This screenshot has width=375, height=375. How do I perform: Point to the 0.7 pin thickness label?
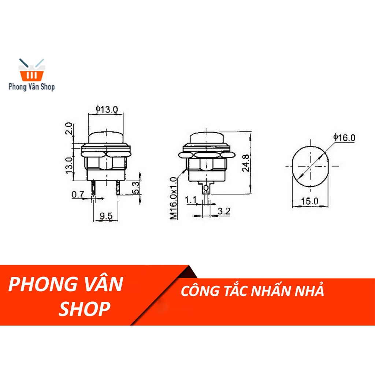point(78,195)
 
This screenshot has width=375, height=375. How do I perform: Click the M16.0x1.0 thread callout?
point(174,197)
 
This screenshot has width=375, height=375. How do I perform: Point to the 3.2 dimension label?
point(224,211)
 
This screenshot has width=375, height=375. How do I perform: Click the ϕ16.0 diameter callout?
point(344,138)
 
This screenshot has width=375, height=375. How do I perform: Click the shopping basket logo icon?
point(31,70)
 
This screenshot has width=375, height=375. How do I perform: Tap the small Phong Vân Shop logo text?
point(31,87)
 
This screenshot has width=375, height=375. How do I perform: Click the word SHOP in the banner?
point(85,309)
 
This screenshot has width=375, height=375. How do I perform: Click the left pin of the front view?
point(93,188)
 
